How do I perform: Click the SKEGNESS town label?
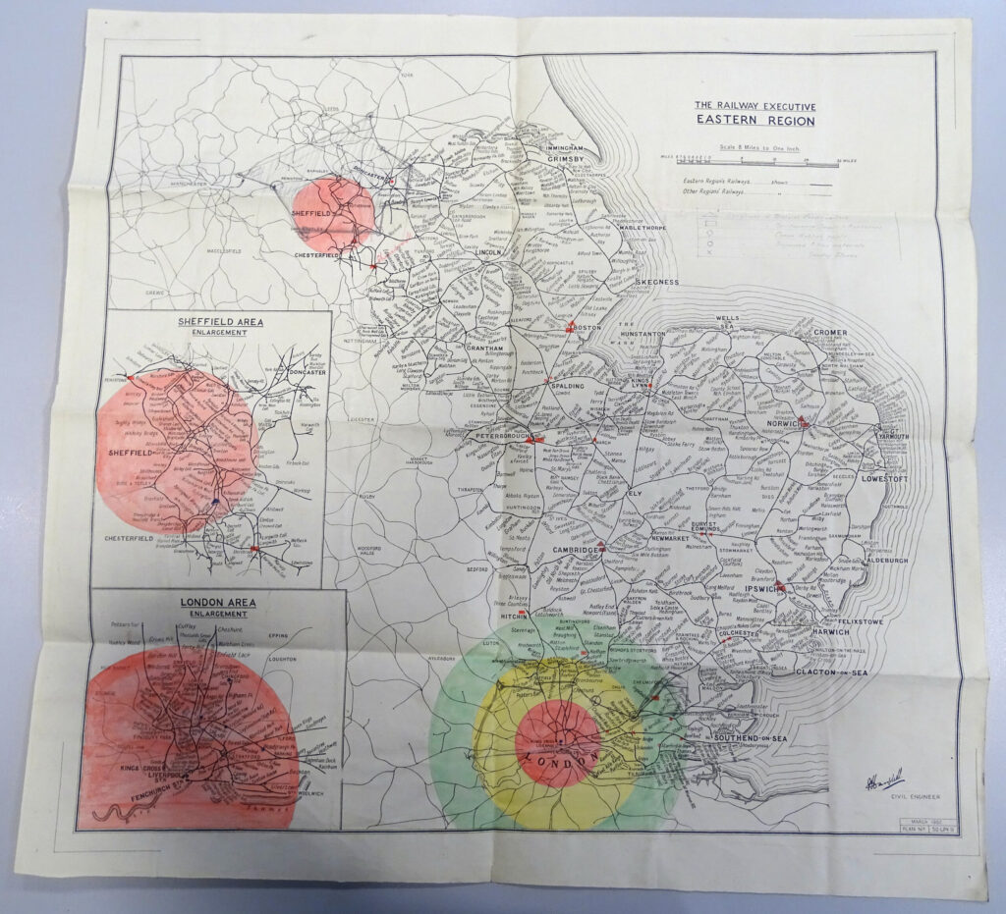click(658, 282)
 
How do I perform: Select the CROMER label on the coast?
click(831, 333)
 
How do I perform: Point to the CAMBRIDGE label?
click(573, 551)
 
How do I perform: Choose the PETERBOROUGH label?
click(502, 435)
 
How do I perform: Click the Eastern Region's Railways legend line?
click(727, 182)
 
